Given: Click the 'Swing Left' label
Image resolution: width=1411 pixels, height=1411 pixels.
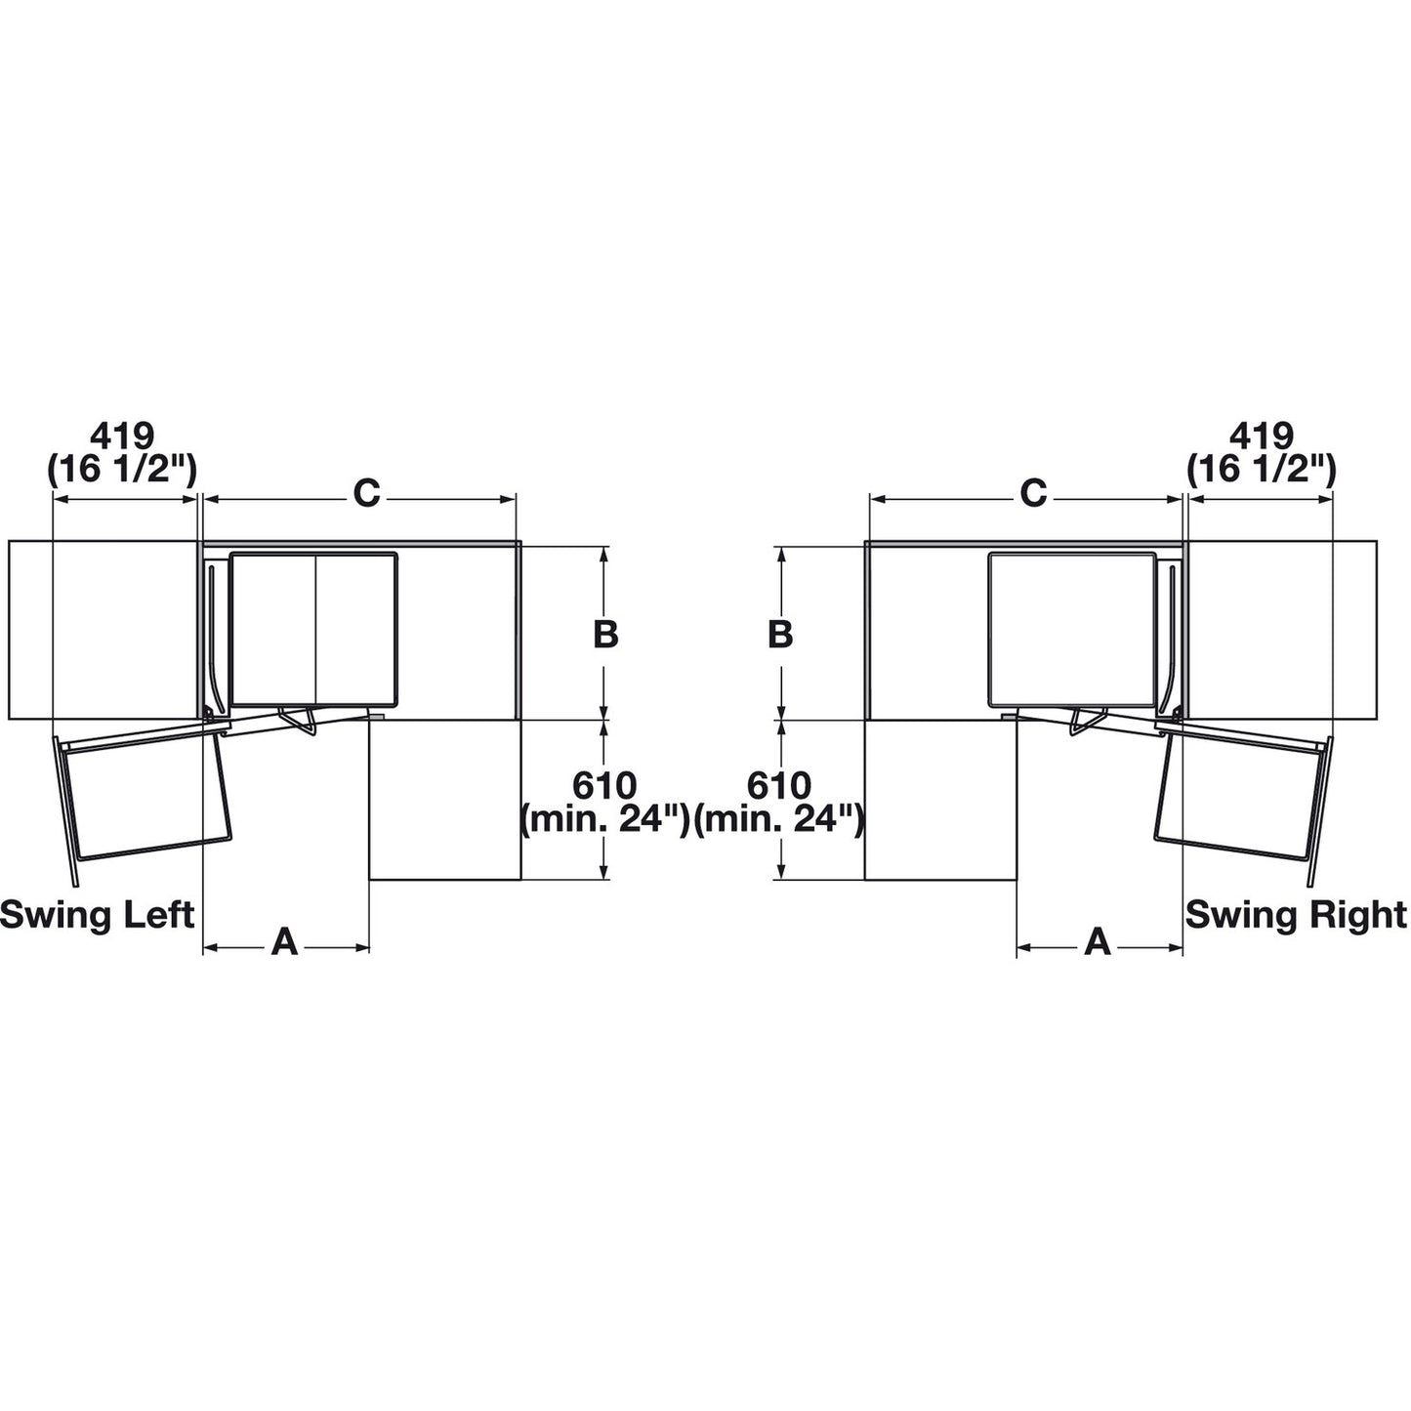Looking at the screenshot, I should tap(98, 915).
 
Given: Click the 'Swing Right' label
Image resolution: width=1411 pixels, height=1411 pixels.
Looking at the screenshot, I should tap(1295, 915).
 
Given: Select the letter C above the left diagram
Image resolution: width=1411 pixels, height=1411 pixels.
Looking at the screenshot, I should tap(365, 494).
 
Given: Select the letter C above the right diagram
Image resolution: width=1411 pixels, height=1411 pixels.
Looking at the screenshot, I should tap(1033, 494).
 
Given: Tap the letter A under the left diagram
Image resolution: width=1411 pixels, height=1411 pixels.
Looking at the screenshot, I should tap(283, 942).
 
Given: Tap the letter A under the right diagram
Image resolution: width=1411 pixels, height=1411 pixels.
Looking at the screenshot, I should tap(1099, 942).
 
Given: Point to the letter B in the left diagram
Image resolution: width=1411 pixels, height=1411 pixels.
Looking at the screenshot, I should tap(605, 634).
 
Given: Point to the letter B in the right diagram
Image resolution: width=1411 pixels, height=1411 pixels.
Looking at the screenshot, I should tap(779, 634).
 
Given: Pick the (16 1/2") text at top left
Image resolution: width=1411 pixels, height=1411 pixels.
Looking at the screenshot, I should tap(123, 470).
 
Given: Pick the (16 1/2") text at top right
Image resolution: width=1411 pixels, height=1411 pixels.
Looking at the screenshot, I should tap(1262, 470).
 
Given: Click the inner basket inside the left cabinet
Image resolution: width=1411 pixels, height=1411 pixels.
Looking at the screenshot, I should tap(314, 630).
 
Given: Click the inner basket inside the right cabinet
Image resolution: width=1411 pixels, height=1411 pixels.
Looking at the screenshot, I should tap(1071, 630).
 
